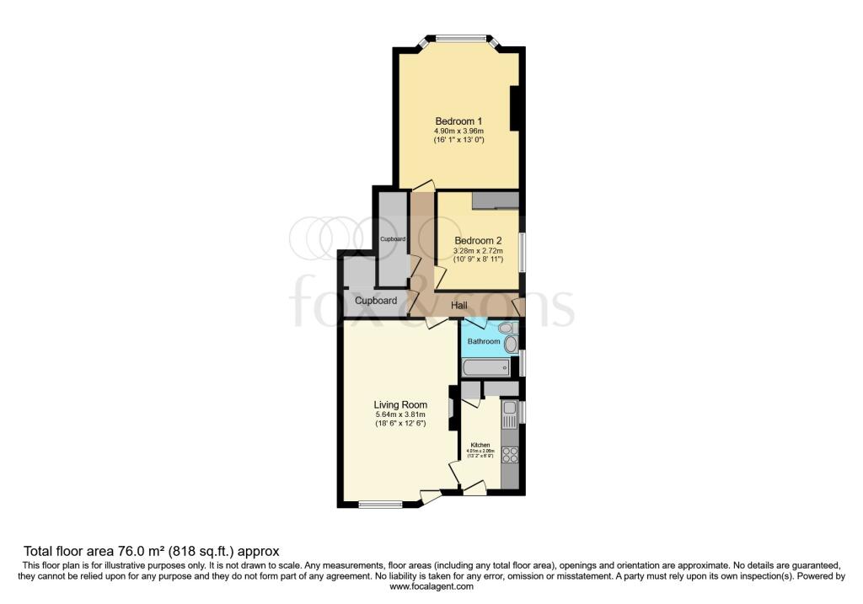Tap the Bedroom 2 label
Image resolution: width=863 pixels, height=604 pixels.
(478, 240)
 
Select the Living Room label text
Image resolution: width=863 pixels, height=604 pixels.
(400, 404)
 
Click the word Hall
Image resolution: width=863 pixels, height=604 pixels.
(459, 306)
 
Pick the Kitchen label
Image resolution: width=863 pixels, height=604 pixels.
(480, 445)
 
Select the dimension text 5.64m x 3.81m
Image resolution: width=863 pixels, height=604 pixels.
(400, 414)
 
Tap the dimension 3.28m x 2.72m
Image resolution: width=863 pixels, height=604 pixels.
(478, 251)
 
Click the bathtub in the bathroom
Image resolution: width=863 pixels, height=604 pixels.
(486, 367)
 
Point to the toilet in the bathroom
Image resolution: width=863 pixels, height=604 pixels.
(506, 328)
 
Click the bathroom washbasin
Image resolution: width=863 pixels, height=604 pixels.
(511, 344)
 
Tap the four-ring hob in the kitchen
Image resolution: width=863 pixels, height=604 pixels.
(509, 454)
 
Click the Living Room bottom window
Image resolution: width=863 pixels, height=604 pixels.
(379, 505)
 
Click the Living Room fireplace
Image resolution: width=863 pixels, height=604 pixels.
(453, 408)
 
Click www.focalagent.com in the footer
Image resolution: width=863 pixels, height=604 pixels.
(431, 587)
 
